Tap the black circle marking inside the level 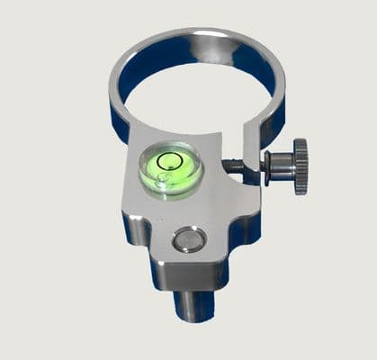pos(169,162)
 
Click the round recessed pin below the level pos(189,239)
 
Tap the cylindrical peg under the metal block pos(191,301)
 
